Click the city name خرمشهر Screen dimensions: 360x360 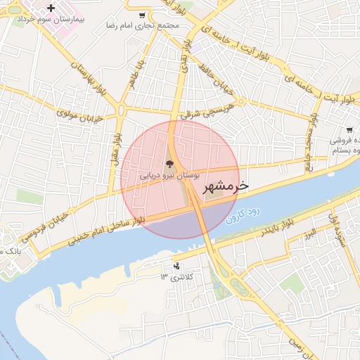click(x=226, y=186)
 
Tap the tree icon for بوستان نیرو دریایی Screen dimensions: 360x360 click(x=169, y=163)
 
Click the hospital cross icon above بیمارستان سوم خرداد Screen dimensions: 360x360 click(x=50, y=8)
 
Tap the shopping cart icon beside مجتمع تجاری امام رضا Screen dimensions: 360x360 click(x=143, y=15)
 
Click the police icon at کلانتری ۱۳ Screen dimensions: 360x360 click(x=176, y=266)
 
